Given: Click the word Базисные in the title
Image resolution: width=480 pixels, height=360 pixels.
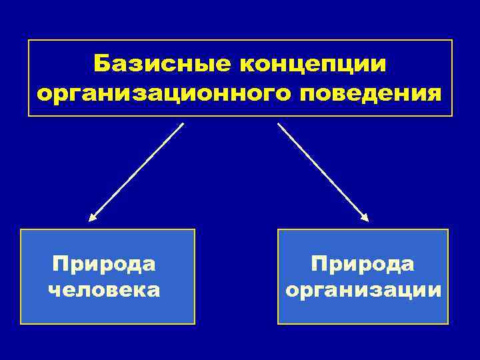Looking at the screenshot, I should pos(162,65).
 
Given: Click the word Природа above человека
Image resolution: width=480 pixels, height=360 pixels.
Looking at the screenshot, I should pos(104,264).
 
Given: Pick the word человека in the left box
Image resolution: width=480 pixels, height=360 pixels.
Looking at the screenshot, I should pos(104,290).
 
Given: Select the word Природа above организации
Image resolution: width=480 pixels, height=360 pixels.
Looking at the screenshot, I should pos(363,264).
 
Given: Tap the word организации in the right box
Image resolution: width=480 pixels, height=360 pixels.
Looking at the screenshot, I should pos(363,290).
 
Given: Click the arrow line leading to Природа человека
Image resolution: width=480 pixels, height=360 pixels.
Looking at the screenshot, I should pos(137,170).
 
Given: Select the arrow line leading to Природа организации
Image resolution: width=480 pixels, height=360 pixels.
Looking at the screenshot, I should pos(323,170).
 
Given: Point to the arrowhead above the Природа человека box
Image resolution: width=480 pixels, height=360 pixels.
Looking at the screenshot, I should pos(93,216).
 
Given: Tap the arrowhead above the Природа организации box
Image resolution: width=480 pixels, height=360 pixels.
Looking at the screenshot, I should pos(365,217).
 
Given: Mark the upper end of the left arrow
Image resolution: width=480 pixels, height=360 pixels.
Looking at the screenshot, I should pos(183,123).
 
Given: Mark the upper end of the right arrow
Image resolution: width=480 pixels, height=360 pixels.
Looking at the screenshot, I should pos(279,124).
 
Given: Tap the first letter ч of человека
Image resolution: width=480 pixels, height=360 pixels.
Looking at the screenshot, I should pos(54,291).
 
